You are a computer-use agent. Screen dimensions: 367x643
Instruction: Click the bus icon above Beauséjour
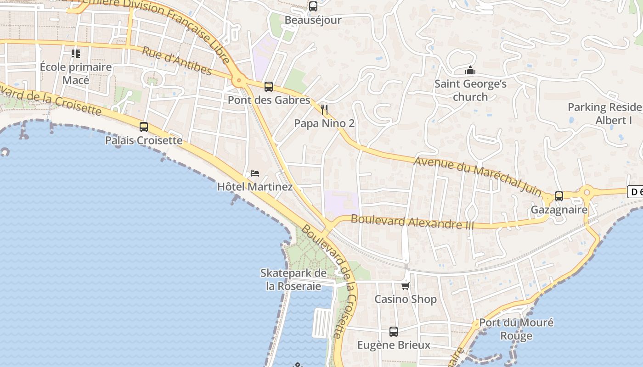point(313,6)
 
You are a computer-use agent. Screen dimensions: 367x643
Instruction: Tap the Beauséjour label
point(313,20)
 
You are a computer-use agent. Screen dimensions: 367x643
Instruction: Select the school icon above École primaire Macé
point(76,54)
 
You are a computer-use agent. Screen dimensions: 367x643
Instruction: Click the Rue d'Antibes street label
point(176,61)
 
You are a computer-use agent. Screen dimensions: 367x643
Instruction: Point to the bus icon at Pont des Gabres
point(269,86)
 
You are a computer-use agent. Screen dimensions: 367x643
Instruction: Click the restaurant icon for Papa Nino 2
point(324,110)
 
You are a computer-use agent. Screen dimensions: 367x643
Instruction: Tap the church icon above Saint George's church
point(470,71)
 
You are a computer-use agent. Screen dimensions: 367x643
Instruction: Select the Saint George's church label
point(470,90)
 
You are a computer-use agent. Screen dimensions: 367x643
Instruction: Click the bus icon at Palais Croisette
point(144,127)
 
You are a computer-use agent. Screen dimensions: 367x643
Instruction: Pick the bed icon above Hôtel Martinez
point(255,173)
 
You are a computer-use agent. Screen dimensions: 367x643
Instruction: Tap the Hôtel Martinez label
point(255,187)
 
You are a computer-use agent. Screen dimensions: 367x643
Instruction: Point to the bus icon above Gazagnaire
point(559,196)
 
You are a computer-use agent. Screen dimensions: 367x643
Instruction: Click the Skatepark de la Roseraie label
point(293,279)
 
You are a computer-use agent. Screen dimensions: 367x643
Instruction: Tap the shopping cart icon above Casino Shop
point(405,286)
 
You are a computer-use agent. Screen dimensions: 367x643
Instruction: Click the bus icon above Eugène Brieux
point(394,332)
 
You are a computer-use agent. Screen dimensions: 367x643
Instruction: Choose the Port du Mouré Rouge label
point(516,329)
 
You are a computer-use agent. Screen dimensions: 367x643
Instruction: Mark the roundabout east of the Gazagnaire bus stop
point(587,192)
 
